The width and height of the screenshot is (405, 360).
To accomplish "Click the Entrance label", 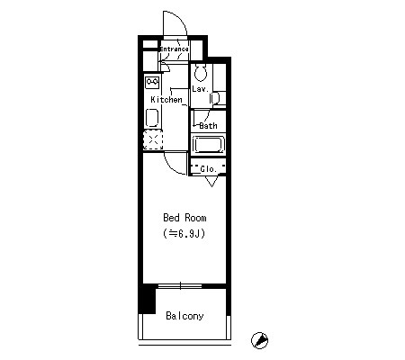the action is [174, 49].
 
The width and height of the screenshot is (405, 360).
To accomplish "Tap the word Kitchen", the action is [166, 99].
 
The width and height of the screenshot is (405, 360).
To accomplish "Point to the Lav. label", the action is [201, 89].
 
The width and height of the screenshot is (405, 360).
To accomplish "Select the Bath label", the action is [208, 125].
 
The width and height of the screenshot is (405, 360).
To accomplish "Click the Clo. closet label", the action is [208, 169].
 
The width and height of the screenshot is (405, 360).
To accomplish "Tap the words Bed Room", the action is [184, 218].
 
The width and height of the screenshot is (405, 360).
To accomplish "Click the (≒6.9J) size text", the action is [184, 233].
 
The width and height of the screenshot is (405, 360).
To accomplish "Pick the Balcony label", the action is [184, 316].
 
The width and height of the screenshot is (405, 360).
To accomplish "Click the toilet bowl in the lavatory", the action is [200, 73].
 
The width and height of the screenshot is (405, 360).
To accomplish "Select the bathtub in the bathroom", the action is [208, 145].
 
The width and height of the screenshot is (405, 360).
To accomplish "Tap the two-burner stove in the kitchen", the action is [152, 83].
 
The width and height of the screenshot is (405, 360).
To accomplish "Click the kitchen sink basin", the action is [152, 118].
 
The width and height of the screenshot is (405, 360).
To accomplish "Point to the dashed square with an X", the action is [153, 139].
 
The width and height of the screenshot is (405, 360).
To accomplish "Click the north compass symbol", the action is [260, 340].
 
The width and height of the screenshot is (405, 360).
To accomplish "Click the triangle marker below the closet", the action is [211, 181].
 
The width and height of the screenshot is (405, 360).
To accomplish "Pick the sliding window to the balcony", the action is [180, 286].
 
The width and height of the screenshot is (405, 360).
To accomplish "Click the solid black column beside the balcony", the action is [147, 299].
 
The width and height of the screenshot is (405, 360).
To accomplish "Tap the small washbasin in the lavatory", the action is [215, 99].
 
